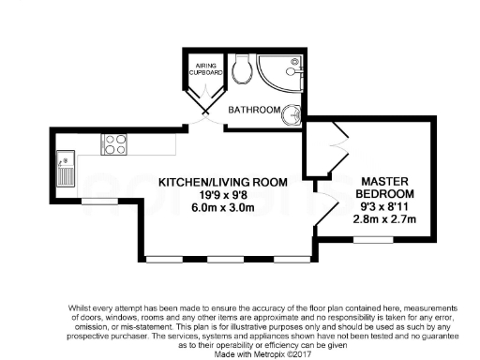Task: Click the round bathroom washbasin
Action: [x=292, y=113]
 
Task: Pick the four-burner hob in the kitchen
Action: [x=114, y=144]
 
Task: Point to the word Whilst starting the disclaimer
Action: [x=81, y=307]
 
